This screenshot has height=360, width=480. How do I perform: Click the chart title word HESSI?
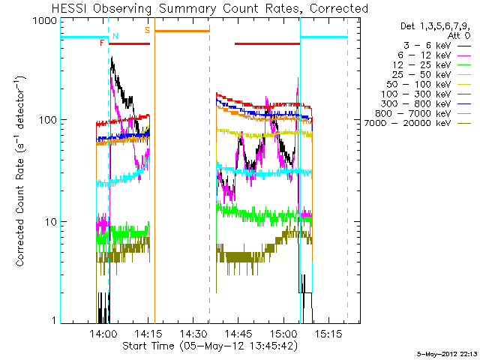pos(70,8)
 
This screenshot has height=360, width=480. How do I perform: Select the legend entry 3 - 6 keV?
pos(436,46)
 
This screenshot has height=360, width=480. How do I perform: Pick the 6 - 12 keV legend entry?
pos(434,55)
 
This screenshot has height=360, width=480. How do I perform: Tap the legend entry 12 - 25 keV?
pos(432,65)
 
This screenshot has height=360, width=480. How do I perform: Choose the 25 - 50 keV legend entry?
pos(432,75)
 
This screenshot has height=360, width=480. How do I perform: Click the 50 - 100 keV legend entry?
pos(429,85)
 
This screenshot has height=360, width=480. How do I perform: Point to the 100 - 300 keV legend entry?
pos(426,94)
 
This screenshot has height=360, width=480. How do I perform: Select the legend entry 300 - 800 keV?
pos(426,104)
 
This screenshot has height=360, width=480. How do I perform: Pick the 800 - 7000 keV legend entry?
pos(423,113)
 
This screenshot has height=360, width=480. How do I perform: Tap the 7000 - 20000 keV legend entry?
pos(418,123)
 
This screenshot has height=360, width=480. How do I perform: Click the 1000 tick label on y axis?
pos(45,20)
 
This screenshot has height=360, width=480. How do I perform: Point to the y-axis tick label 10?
pos(50,222)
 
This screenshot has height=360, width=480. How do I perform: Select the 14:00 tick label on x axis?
pos(103,333)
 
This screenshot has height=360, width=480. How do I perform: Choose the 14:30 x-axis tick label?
pos(193,333)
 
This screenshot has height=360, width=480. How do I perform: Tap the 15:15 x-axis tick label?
pos(328,333)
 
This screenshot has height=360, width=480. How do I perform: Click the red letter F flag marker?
pos(102,43)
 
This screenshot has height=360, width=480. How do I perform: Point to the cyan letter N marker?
pos(115,36)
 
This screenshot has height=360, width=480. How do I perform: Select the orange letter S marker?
pos(148,30)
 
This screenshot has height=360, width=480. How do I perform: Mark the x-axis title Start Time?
pos(148,346)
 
